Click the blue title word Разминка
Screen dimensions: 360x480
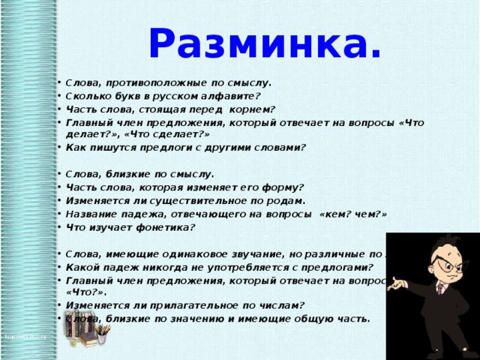point(265,43)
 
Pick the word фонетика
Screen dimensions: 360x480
point(166,227)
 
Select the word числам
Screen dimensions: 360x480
point(275,304)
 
